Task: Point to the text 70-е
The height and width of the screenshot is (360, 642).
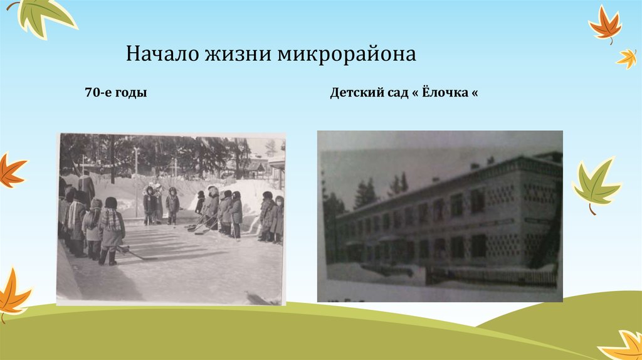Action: [x=98, y=93]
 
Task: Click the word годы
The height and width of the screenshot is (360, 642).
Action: [x=132, y=93]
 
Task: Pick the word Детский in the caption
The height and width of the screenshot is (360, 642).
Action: [x=355, y=93]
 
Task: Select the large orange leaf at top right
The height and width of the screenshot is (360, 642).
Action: [x=605, y=25]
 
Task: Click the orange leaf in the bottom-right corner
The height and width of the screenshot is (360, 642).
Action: [x=624, y=345]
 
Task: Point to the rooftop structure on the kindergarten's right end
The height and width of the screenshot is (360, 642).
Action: [x=549, y=156]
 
